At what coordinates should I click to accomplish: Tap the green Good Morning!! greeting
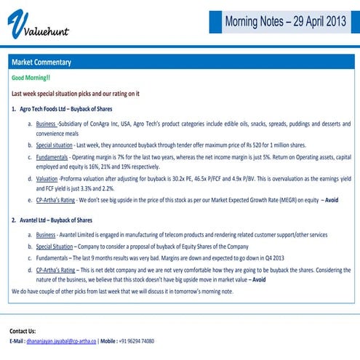[x=31, y=77]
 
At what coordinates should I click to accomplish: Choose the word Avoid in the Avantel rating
[x=259, y=279]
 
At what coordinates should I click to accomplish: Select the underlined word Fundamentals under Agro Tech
[x=55, y=156]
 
